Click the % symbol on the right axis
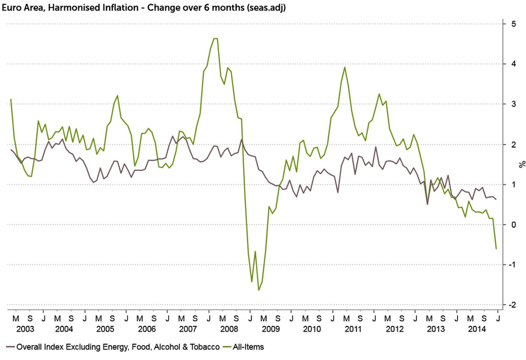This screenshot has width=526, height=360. pyautogui.click(x=522, y=164)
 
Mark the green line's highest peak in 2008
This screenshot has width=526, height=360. pyautogui.click(x=215, y=38)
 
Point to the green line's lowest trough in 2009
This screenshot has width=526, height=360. pyautogui.click(x=259, y=290)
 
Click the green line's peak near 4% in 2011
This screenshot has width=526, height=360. pyautogui.click(x=345, y=67)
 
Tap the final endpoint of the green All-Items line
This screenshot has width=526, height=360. pyautogui.click(x=496, y=248)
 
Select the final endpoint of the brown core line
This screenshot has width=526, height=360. pyautogui.click(x=496, y=200)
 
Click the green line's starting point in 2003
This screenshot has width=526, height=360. pyautogui.click(x=11, y=99)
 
